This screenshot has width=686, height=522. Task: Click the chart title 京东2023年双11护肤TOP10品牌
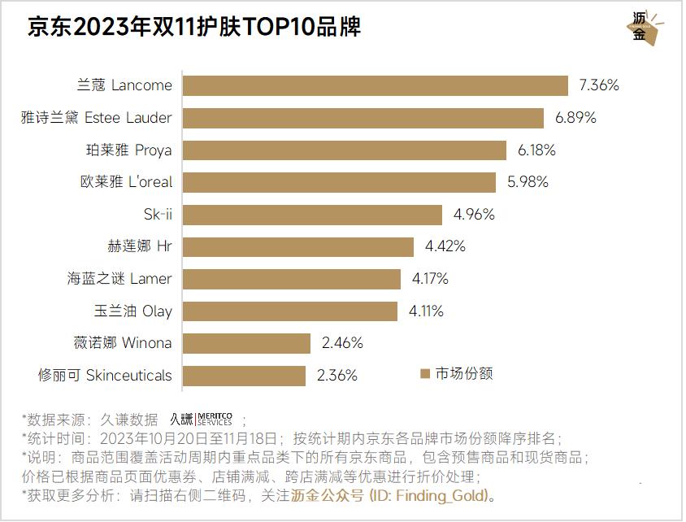coord(194,27)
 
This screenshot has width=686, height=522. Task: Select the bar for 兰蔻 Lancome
coord(375,85)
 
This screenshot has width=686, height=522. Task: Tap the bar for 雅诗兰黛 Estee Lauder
coord(363,118)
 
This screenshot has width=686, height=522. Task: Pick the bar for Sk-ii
coord(312,215)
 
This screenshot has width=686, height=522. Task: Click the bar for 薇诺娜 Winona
coord(246,343)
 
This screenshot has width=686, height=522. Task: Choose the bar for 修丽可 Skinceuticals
coord(244,376)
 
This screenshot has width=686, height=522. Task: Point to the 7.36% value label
coord(599,85)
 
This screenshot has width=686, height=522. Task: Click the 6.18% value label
coord(536,150)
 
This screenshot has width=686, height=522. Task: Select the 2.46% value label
coord(342,343)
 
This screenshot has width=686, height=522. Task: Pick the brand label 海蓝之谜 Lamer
coord(119,279)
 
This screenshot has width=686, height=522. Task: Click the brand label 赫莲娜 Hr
coord(140,246)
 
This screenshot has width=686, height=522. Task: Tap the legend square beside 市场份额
coord(424,374)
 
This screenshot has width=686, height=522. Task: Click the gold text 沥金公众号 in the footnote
coord(328,495)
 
